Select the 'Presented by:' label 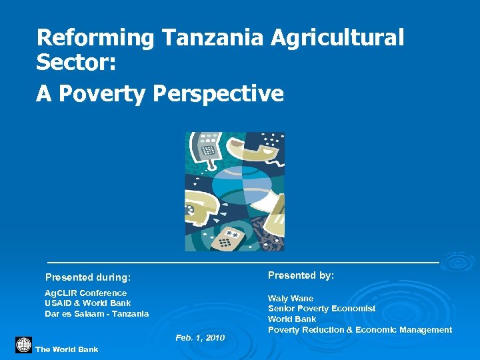point(301,275)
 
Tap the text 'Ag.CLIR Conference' point(85,293)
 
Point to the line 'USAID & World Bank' point(87,303)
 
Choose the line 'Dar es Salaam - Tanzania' point(97,314)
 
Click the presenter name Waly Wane point(290,299)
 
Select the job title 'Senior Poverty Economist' point(321,309)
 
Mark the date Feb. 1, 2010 point(200,339)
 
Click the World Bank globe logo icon point(23,345)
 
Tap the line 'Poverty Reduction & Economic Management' point(359,330)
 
